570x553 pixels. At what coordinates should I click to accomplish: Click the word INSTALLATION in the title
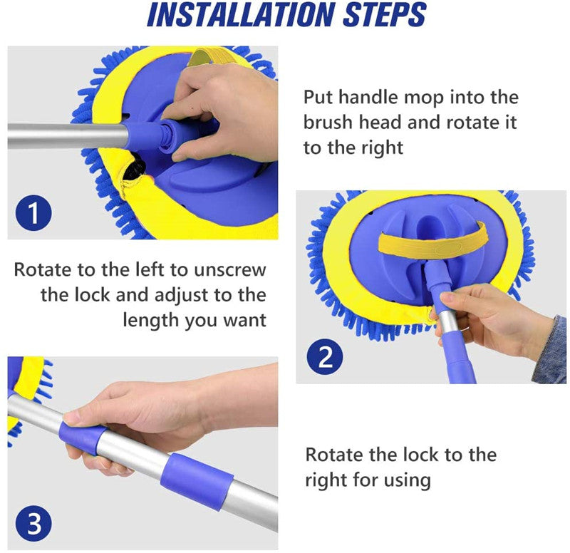tap(240, 15)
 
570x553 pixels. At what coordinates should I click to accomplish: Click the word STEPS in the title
tap(384, 15)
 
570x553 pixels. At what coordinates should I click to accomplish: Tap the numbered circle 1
tap(33, 212)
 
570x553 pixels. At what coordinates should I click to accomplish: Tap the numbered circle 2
tap(325, 356)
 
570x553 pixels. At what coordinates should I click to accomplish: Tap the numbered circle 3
tap(33, 524)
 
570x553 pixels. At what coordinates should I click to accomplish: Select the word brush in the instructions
tap(328, 122)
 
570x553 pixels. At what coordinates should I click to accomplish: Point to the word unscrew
tap(229, 270)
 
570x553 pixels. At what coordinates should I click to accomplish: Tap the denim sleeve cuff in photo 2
tap(549, 351)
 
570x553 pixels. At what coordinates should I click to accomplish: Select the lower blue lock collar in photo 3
tap(197, 482)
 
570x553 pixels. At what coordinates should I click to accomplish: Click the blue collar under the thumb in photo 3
tap(82, 438)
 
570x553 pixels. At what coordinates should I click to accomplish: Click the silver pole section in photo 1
tap(68, 136)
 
